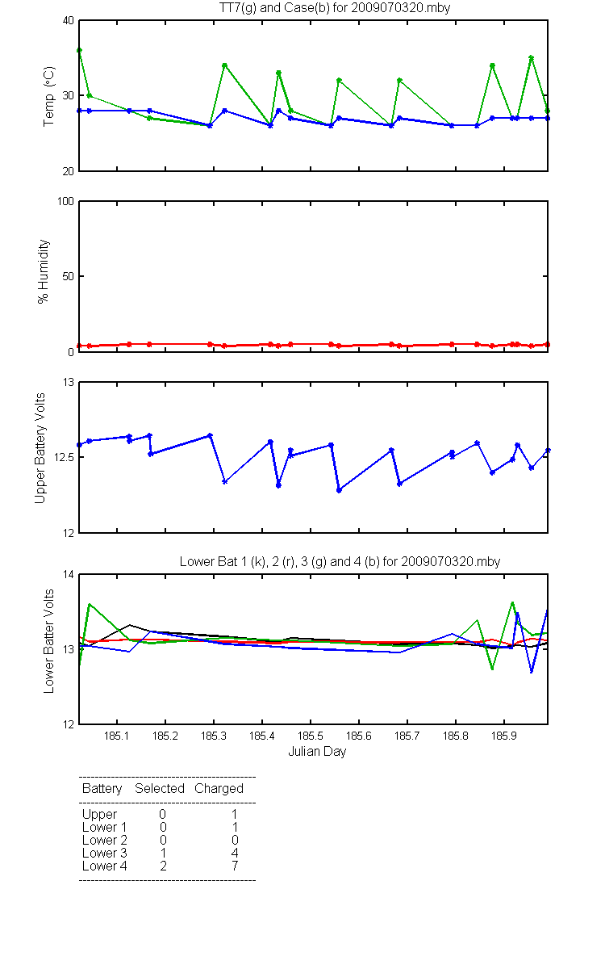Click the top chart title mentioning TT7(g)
pos(335,8)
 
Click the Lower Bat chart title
pos(340,561)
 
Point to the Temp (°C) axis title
pos(49,96)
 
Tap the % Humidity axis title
pos(44,271)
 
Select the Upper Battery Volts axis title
pos(40,448)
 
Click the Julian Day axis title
pos(317,752)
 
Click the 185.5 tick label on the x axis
pos(311,736)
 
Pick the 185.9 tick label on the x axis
pos(504,736)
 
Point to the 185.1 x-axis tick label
pos(117,736)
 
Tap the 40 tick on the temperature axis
pos(69,21)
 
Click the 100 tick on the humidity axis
pos(65,201)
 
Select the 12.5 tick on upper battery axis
pos(64,457)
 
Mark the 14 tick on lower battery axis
pos(69,574)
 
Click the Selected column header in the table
pos(160,789)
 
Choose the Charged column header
pos(219,789)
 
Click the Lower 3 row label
pos(105,853)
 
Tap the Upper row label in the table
pos(99,815)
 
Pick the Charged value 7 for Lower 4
pos(235,866)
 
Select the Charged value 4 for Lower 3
pos(235,853)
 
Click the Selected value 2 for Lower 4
pos(163,866)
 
